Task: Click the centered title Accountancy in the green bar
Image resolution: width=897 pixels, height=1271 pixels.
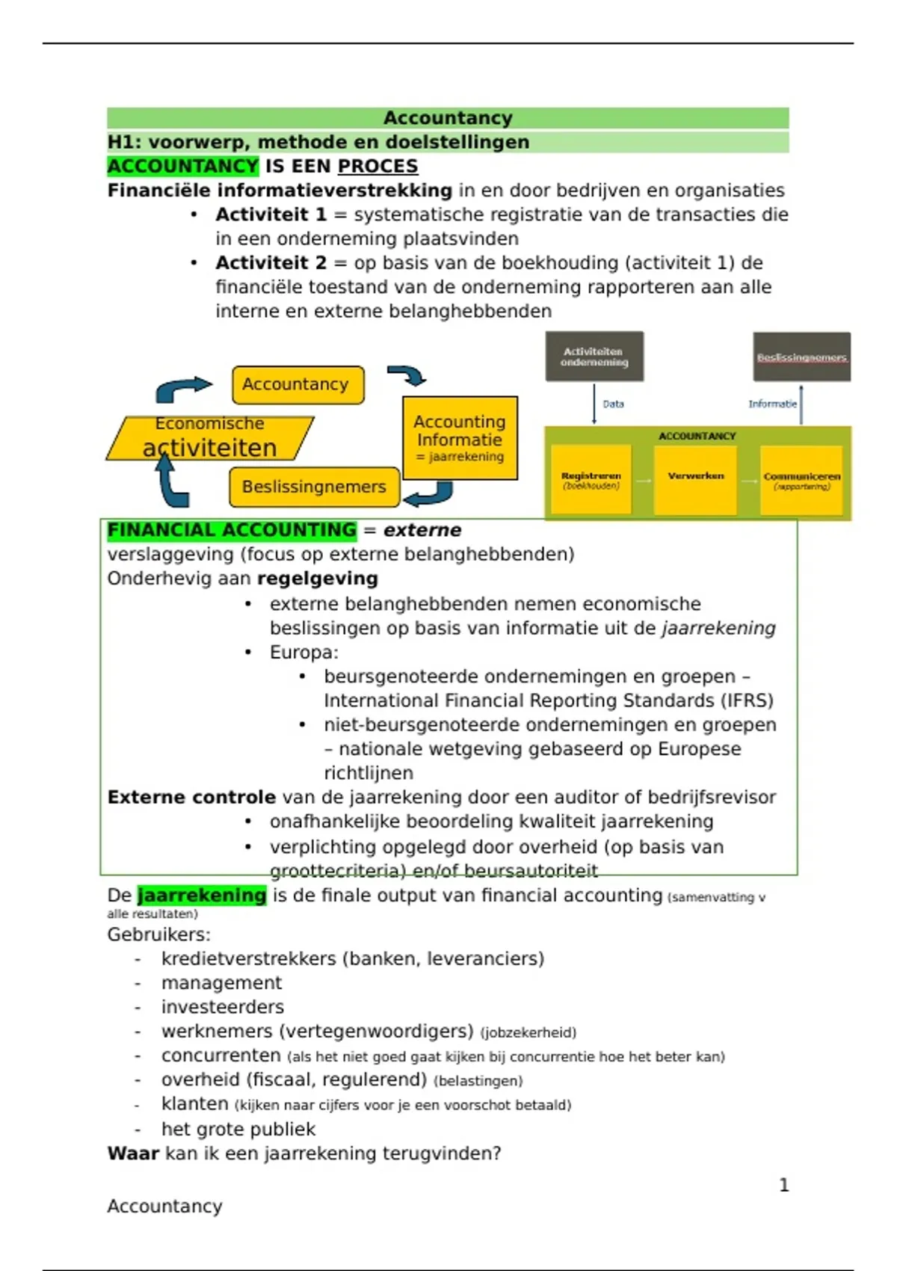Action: coord(448,118)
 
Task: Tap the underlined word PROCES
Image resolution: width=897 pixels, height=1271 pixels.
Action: coord(377,166)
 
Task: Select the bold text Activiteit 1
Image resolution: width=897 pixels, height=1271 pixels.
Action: coord(271,215)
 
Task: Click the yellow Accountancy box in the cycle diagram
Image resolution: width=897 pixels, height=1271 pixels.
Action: coord(298,384)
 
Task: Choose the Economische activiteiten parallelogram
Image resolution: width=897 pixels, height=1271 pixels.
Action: coord(210,437)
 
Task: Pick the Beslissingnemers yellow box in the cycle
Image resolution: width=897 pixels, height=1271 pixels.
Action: coord(314,487)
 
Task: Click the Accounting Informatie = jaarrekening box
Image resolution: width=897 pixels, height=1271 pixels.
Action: coord(460,438)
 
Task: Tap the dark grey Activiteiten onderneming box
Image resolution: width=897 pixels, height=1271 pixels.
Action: coord(594,357)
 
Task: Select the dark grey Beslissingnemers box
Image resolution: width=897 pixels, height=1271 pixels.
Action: coord(801,357)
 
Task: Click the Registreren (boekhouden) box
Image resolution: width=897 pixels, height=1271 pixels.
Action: coord(591,480)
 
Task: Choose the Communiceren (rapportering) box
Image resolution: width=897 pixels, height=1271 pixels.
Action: coord(801,480)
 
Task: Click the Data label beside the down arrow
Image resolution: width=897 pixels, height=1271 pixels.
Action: coord(613,404)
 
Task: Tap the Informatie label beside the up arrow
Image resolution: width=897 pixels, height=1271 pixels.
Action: coord(772,404)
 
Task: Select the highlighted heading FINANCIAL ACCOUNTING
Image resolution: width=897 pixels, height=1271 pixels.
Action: coord(232,530)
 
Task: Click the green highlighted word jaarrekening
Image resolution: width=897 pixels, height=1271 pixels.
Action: coord(202,895)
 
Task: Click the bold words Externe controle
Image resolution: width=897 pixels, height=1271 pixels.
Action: coord(191,797)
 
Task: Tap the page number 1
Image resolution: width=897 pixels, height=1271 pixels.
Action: coord(783,1185)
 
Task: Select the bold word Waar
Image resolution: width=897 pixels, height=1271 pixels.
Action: coord(133,1153)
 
